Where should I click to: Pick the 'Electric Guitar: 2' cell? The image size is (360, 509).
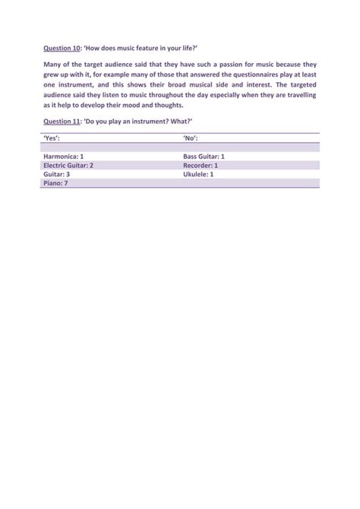pos(68,165)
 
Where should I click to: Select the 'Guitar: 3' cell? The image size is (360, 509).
pos(53,174)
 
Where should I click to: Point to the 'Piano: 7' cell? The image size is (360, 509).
pos(52,183)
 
